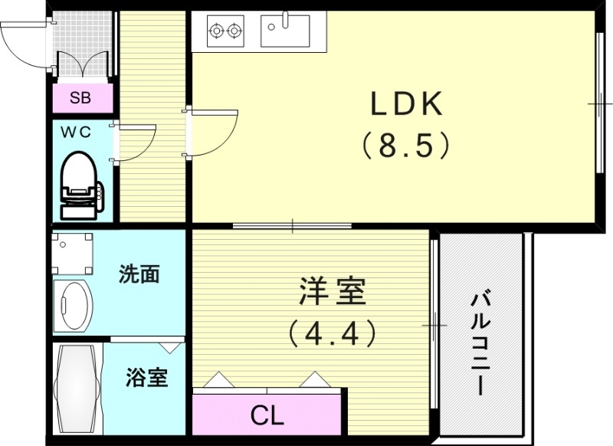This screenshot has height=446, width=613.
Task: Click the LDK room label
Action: [407, 105]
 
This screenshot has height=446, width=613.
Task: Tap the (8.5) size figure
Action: [407, 145]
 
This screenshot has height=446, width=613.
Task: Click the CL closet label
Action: [267, 416]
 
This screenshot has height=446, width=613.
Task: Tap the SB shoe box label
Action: [80, 97]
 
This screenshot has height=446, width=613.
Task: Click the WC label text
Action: [76, 131]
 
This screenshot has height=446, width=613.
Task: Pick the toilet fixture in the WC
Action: [79, 184]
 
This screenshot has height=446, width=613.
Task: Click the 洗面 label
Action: [139, 274]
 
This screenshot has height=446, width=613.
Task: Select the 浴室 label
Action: [146, 377]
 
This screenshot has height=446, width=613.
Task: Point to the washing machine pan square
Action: [73, 254]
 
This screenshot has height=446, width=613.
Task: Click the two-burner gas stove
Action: [226, 31]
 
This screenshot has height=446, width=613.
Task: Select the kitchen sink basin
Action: [284, 31]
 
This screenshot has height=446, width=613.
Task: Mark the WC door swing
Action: [135, 143]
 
